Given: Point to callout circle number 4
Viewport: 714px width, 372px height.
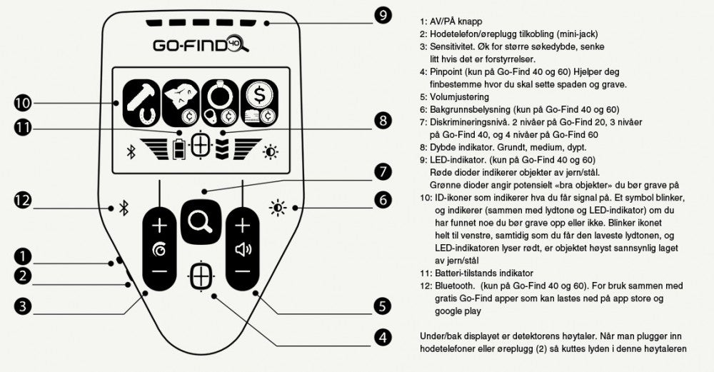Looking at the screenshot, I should [x=383, y=336].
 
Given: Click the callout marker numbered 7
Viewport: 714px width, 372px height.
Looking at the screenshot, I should [x=383, y=171].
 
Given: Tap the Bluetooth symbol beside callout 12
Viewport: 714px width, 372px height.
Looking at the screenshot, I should [x=123, y=208].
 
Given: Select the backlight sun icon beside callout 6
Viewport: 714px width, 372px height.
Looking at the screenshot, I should [x=278, y=208].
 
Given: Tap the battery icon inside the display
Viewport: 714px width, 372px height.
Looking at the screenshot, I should [x=179, y=148].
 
